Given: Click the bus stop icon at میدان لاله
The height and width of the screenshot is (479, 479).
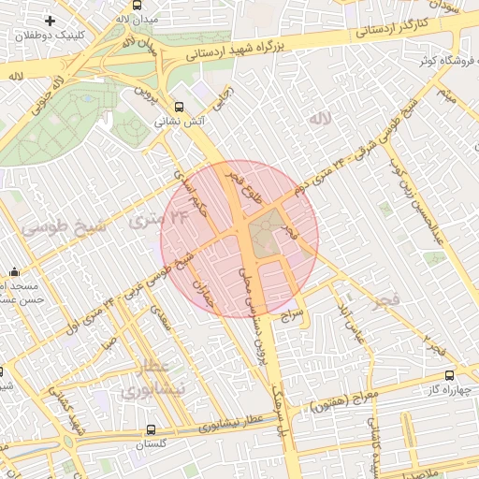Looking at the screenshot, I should coord(138,5).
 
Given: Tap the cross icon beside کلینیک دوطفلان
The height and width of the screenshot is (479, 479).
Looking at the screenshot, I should coord(50,20).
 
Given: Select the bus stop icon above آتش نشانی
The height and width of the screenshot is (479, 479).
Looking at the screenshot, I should coord(179,106).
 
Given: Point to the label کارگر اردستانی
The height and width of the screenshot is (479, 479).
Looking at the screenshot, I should coord(394,28).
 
